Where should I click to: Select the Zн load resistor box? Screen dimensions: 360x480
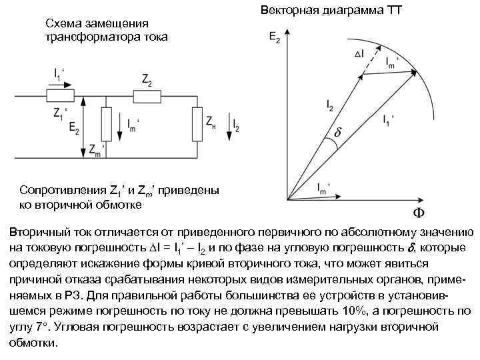tap(197, 123)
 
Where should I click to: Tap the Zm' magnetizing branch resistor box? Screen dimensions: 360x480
tap(105, 123)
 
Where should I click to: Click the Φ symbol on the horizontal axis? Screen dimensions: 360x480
tap(418, 213)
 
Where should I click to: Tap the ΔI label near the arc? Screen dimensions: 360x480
tap(359, 53)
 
